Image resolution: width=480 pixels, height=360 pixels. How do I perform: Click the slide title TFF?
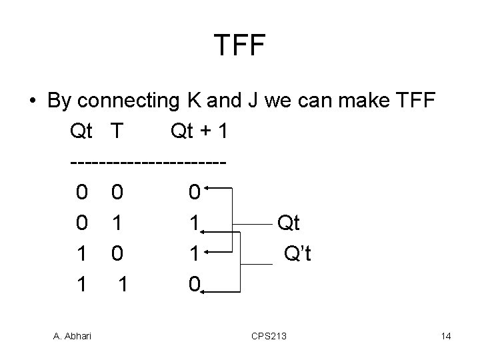[240, 45]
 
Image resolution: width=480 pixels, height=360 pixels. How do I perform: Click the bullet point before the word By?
[32, 102]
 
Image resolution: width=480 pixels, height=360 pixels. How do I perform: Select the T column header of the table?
[117, 131]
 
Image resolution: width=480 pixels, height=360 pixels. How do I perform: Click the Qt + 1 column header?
[199, 131]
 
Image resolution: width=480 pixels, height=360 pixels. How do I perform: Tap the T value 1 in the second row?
[117, 223]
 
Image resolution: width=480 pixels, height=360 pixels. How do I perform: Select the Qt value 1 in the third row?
[81, 254]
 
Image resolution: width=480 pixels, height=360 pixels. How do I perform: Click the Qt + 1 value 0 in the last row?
[193, 285]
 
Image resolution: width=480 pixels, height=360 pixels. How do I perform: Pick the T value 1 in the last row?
[122, 285]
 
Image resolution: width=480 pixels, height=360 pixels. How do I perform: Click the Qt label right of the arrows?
[289, 223]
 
